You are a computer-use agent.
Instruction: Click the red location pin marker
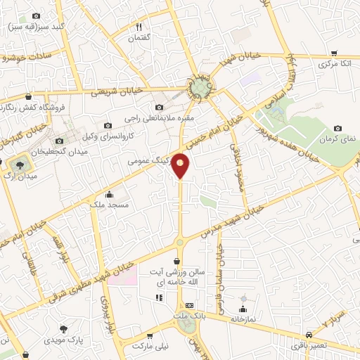coord(181,165)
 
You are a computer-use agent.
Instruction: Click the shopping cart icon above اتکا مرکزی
coord(334,53)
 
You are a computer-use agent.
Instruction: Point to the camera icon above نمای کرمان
coord(338,128)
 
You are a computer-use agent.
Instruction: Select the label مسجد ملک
coord(109,204)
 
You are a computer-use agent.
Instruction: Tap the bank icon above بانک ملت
coord(189,305)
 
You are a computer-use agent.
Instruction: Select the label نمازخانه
coord(247,319)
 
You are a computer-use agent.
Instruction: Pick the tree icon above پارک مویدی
coord(65,329)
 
